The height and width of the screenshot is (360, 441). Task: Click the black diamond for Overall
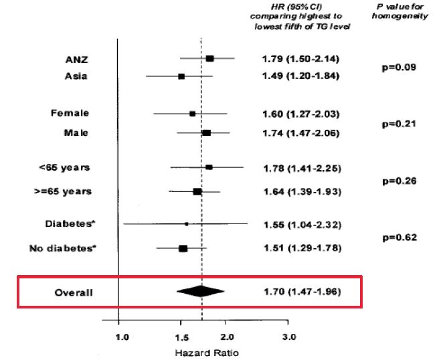(200, 291)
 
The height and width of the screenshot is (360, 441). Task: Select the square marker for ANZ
(209, 59)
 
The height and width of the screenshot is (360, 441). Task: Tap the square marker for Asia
(181, 77)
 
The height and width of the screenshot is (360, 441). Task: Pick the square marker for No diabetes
(183, 249)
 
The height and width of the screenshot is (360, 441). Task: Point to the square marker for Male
(206, 133)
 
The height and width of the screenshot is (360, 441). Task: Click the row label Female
(70, 113)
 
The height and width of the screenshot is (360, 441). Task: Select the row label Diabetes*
(67, 223)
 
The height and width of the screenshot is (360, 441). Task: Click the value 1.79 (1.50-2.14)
(300, 59)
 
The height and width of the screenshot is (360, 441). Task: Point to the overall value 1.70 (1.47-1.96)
(300, 292)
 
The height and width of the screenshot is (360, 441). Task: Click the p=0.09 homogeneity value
(398, 67)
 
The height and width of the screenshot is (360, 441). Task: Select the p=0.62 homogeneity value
(398, 238)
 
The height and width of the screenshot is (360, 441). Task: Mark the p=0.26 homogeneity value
(398, 181)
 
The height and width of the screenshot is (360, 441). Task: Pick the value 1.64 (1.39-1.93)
(300, 192)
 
